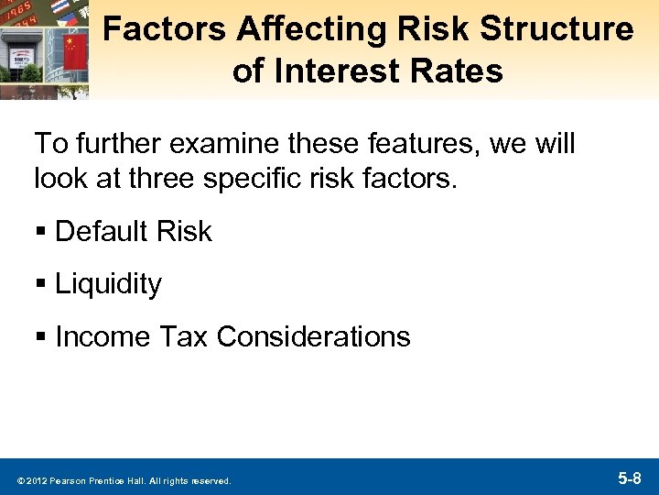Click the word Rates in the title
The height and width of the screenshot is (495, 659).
[x=457, y=71]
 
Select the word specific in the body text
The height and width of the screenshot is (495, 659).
[x=268, y=178]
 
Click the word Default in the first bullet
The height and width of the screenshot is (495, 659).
[x=101, y=232]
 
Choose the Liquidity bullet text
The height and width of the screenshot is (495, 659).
[x=108, y=284]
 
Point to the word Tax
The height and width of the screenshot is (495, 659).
[x=182, y=337]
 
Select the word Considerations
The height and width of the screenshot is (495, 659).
[x=313, y=337]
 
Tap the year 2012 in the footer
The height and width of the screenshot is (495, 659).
[x=34, y=480]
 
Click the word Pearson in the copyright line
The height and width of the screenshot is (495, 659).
[x=67, y=480]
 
